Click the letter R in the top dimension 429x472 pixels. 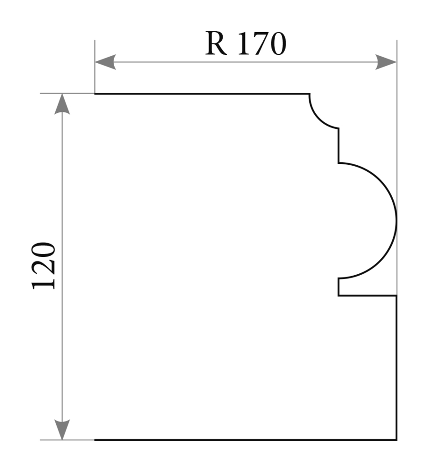pyautogui.click(x=216, y=43)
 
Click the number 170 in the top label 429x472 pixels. pyautogui.click(x=261, y=43)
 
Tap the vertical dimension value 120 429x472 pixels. pyautogui.click(x=43, y=265)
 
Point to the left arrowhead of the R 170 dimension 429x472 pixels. pyautogui.click(x=105, y=62)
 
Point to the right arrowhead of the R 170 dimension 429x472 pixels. pyautogui.click(x=386, y=62)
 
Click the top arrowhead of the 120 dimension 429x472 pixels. pyautogui.click(x=62, y=104)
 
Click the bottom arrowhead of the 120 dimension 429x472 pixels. pyautogui.click(x=62, y=430)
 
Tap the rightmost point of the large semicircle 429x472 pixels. pyautogui.click(x=396, y=220)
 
